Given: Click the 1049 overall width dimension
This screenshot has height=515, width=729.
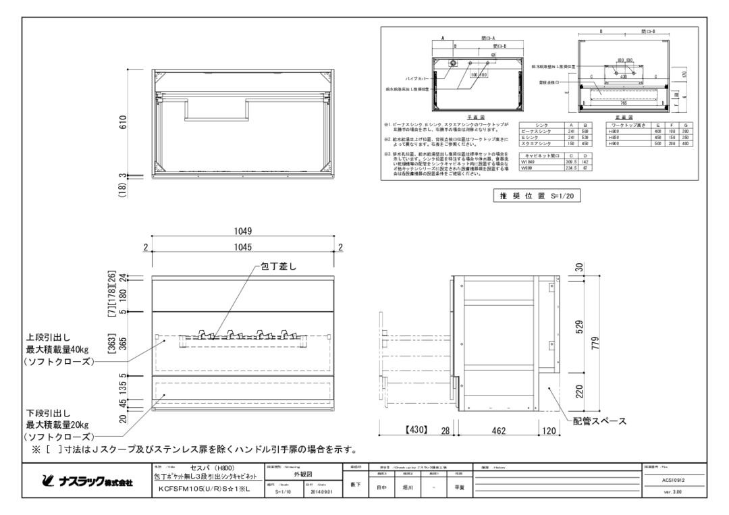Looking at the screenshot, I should [x=244, y=231].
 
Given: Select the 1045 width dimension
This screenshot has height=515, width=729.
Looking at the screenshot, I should [x=244, y=248].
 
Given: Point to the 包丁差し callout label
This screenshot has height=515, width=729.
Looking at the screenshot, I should [x=278, y=267].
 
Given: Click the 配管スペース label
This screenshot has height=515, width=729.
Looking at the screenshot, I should [x=599, y=421].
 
